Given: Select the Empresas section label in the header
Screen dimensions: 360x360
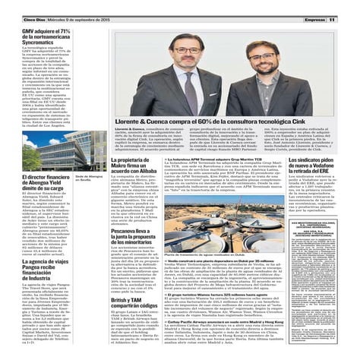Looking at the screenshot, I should click(x=315, y=8).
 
